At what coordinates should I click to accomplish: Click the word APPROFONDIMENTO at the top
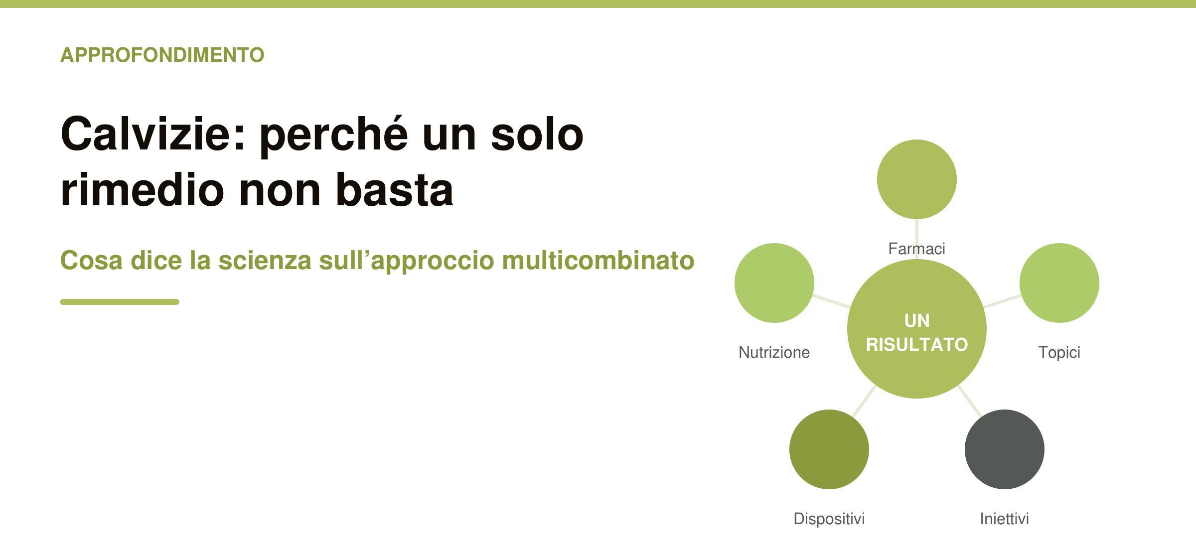point(162,55)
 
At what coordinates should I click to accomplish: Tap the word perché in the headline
point(334,136)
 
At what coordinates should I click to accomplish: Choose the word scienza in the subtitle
point(265,261)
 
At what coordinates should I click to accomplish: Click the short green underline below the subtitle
point(120,302)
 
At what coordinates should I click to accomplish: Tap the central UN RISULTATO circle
point(917,329)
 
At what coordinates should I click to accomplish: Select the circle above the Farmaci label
point(917,179)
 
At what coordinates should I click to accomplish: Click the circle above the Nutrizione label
point(774,283)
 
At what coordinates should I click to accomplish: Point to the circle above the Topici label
point(1059,283)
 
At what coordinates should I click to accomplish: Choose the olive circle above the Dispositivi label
point(829,449)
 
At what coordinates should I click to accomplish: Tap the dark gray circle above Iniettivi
point(1005,449)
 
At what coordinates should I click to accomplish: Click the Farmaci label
point(917,249)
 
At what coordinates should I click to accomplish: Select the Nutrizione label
point(774,352)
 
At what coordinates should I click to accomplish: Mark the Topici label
point(1059,353)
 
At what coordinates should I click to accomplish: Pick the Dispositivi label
point(829,519)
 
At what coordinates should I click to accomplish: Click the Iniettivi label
point(1005,519)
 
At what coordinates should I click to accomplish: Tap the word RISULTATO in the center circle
point(917,344)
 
